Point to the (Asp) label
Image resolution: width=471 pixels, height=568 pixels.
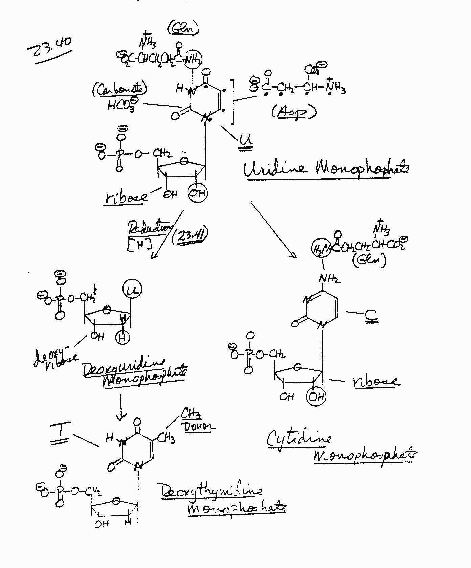[293, 112]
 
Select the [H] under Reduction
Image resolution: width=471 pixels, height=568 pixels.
[139, 245]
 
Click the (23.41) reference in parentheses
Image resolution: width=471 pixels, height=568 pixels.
[190, 236]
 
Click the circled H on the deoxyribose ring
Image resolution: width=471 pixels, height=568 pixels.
[122, 337]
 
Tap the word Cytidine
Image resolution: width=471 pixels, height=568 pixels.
[299, 438]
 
